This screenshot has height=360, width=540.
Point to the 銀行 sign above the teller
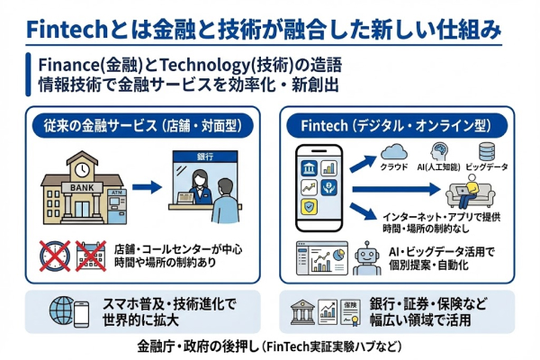tap(207, 157)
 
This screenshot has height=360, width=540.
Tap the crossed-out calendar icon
tap(92, 256)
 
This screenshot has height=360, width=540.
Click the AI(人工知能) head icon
tap(441, 150)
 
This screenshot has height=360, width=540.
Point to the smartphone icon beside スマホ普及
tap(81, 311)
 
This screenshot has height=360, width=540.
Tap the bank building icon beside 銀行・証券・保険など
tap(301, 311)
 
